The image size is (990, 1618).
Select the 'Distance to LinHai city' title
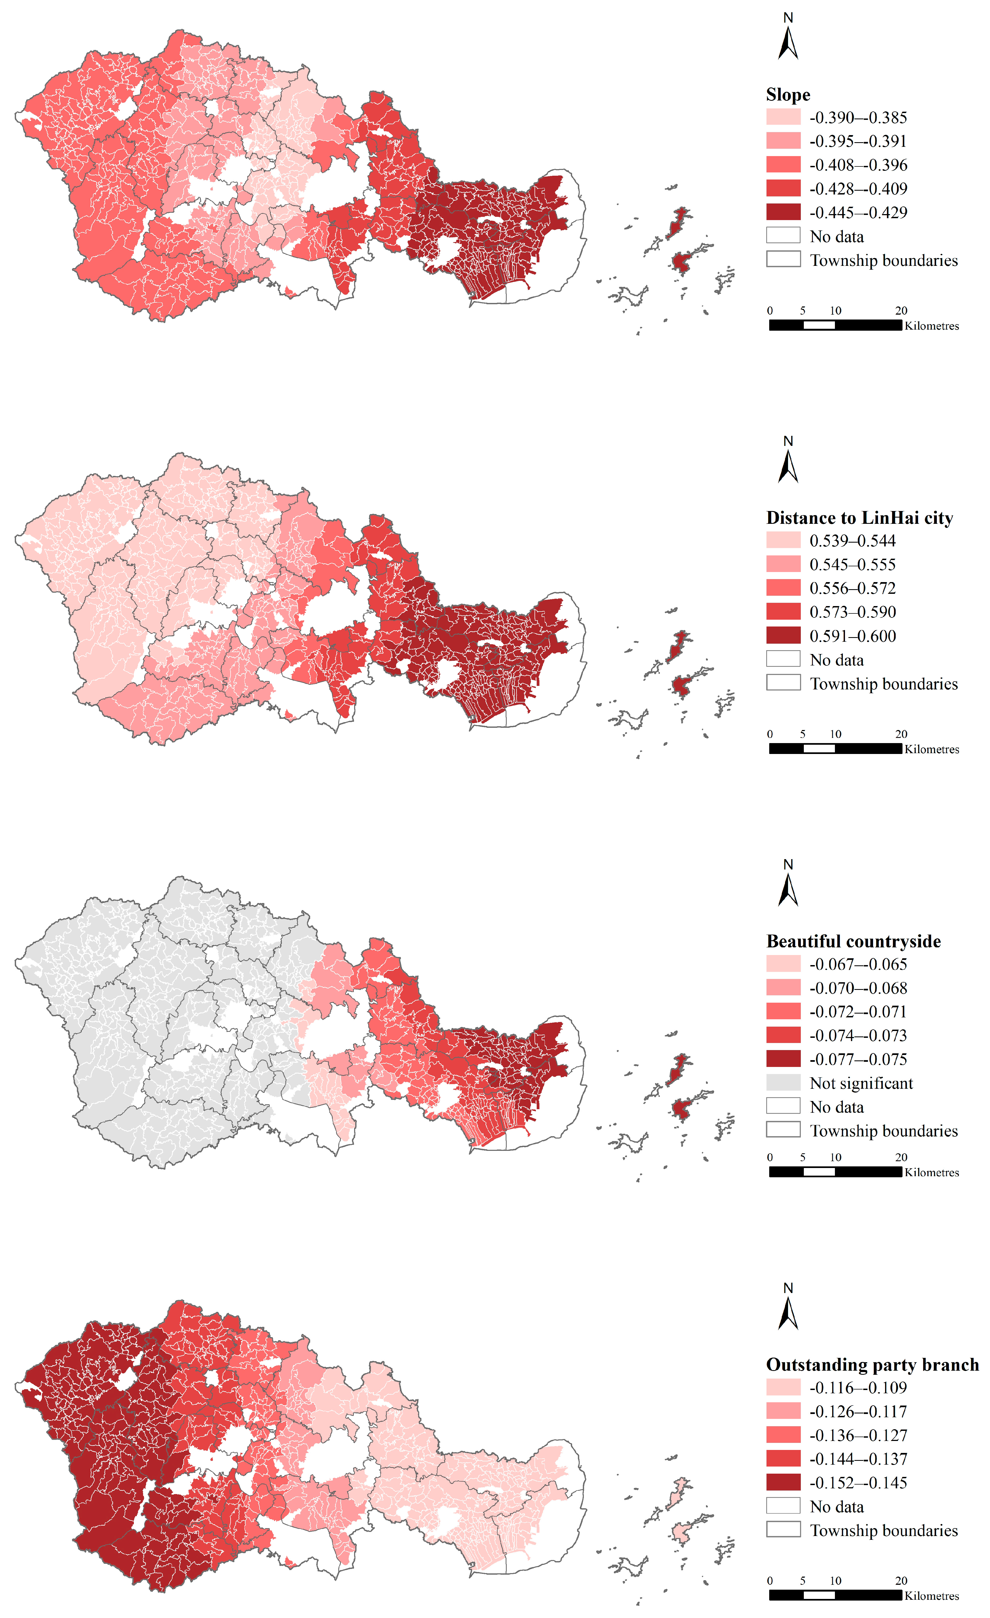[859, 518]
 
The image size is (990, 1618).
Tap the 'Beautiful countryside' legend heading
[853, 942]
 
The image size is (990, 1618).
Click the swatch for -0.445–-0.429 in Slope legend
[783, 212]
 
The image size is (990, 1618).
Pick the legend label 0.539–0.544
[852, 541]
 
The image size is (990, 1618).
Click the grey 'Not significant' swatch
[783, 1083]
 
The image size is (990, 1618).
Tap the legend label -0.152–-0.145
[858, 1483]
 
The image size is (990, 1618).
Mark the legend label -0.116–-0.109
[858, 1388]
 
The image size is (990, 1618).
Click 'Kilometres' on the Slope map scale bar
[932, 326]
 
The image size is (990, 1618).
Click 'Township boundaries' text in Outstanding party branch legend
[884, 1531]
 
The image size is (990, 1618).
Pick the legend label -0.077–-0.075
[858, 1059]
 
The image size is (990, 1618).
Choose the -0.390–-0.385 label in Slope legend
[858, 118]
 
